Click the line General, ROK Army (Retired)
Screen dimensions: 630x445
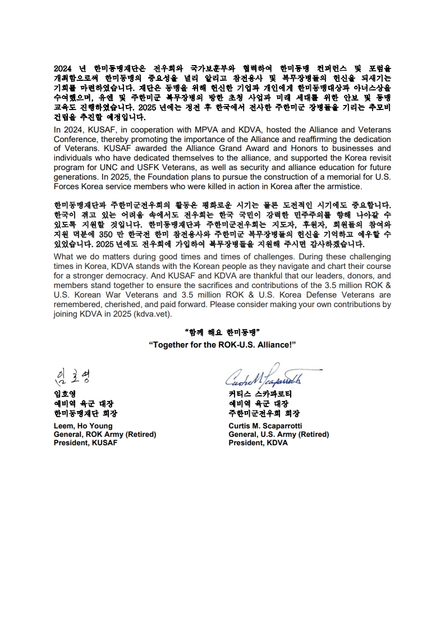pos(104,434)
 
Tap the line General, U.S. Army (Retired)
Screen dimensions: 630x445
pos(278,434)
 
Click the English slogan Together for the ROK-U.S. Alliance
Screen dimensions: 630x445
pos(222,344)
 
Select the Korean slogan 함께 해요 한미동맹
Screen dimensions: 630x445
pos(222,332)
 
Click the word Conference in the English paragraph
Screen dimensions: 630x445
pos(74,139)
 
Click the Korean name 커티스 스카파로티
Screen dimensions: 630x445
pos(260,394)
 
